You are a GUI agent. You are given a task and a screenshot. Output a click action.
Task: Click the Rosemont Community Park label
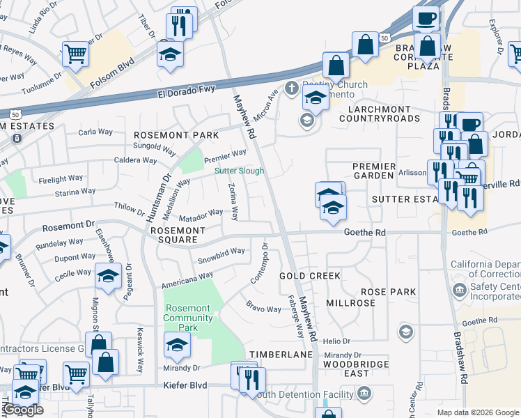click(x=187, y=318)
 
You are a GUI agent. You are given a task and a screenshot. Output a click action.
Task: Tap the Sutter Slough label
click(x=239, y=171)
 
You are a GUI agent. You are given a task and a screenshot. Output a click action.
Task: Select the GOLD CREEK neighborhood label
click(x=310, y=276)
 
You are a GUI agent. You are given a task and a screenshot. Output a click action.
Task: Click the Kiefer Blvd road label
click(x=185, y=385)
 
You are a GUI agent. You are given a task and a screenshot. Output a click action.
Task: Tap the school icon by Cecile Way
click(x=108, y=276)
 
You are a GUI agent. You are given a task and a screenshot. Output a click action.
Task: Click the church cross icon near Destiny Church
click(x=291, y=88)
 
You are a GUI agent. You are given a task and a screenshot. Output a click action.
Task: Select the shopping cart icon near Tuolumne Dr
click(x=75, y=53)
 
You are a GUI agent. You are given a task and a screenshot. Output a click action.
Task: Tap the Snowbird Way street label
click(x=221, y=252)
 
